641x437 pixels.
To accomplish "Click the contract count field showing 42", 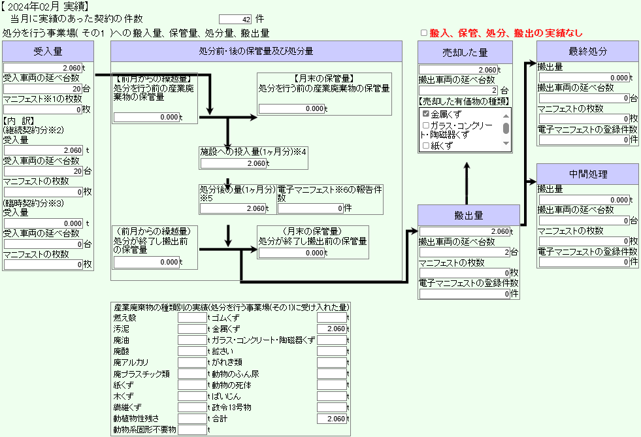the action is (235, 19).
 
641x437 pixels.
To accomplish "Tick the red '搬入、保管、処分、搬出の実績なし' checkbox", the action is (424, 33).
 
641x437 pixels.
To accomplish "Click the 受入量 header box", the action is (48, 52).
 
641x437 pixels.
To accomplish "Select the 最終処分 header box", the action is (587, 52).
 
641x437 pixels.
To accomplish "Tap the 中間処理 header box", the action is (587, 174).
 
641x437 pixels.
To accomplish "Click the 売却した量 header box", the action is (465, 52).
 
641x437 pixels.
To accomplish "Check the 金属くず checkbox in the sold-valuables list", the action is (426, 114).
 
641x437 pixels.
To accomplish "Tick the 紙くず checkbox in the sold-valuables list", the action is (426, 146).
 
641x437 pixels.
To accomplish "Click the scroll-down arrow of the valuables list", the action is (506, 144).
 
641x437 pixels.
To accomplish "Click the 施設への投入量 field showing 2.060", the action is (233, 163).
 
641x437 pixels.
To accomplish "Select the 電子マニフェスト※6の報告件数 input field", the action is (310, 208).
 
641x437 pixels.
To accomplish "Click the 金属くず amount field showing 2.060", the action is (331, 329).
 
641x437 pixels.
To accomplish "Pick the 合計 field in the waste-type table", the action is (331, 419).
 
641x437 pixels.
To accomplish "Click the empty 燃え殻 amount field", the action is (192, 317).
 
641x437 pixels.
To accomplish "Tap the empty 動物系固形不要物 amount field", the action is (192, 430).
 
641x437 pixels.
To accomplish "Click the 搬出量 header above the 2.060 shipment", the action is (468, 216).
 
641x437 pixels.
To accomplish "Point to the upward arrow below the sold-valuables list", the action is (467, 184).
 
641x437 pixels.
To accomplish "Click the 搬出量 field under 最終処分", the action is (584, 78).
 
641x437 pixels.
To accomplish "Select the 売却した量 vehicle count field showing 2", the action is (459, 90).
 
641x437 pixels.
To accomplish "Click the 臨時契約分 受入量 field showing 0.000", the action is (43, 223).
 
